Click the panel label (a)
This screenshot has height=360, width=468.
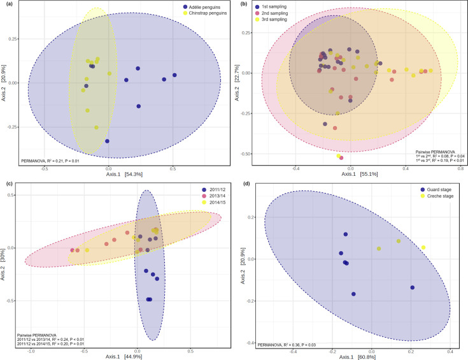click(8, 4)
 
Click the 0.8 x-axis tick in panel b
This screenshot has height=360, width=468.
click(458, 168)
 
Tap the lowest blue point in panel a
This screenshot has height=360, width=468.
click(108, 141)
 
